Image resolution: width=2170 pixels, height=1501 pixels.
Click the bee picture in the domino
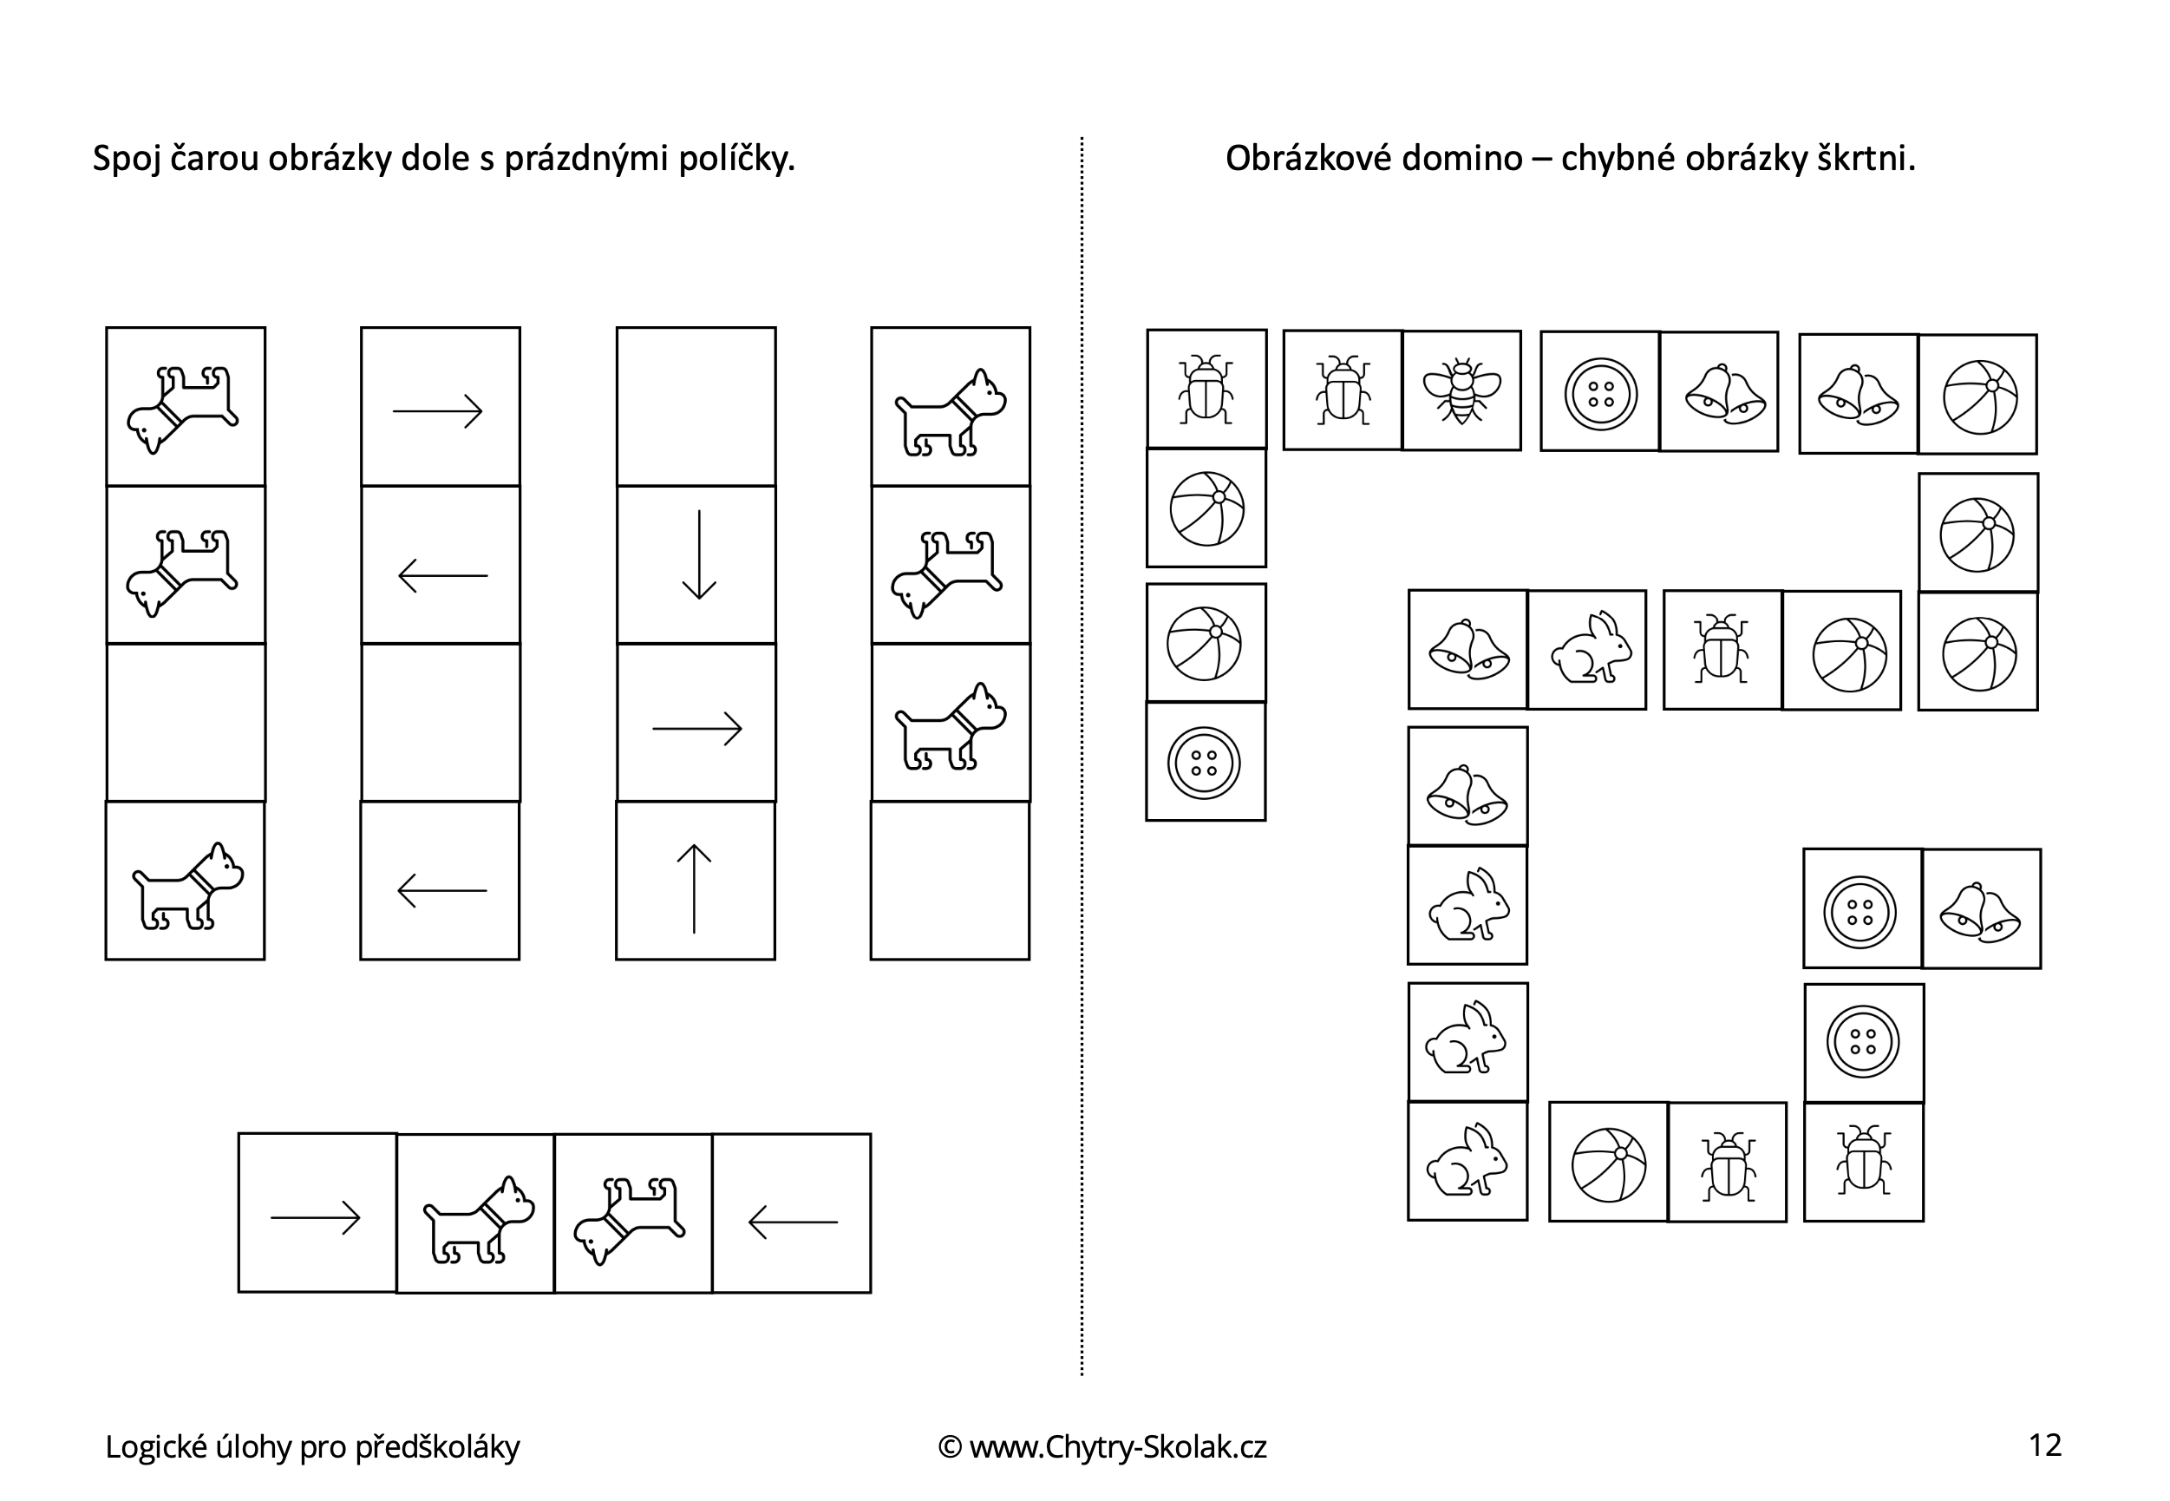(x=1461, y=390)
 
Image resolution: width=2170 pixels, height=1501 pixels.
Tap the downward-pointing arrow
(x=698, y=555)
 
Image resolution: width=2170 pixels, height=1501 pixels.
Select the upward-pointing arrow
(x=694, y=888)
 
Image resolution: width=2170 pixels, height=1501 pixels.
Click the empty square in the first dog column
(x=186, y=722)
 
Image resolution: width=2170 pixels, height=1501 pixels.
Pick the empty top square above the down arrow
(x=696, y=406)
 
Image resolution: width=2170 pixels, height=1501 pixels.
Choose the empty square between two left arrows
(x=441, y=722)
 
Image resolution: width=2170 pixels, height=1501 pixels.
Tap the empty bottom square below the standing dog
(x=951, y=881)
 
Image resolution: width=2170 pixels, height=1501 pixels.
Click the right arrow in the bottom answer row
(x=316, y=1218)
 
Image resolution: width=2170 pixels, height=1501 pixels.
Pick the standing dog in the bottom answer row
(x=479, y=1219)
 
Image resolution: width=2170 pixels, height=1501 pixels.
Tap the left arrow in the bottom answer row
(x=793, y=1222)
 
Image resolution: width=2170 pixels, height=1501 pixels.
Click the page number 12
(x=2045, y=1445)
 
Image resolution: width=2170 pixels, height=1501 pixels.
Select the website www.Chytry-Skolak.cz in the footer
(x=1118, y=1446)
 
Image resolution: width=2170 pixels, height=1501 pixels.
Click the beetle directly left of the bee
(x=1343, y=390)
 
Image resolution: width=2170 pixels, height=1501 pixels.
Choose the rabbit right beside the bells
(x=1586, y=648)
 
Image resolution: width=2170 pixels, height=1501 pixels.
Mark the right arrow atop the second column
(x=437, y=411)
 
